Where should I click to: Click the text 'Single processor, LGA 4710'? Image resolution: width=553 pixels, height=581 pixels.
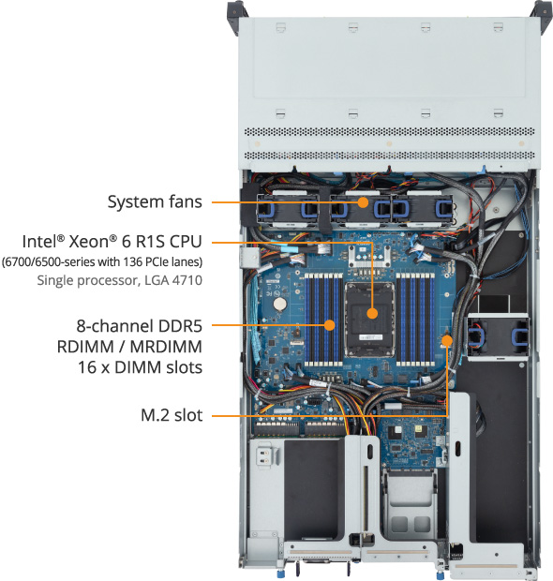click(x=119, y=279)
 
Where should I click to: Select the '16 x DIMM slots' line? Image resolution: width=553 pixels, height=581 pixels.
click(x=140, y=366)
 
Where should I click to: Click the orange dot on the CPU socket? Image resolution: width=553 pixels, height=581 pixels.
click(x=372, y=313)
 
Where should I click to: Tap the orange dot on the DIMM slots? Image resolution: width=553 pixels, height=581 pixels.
click(x=330, y=325)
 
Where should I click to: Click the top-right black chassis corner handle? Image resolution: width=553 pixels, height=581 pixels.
click(x=541, y=9)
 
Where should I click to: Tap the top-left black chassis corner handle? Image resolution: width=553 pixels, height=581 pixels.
click(x=233, y=9)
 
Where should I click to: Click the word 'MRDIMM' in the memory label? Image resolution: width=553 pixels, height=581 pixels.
click(x=169, y=346)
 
